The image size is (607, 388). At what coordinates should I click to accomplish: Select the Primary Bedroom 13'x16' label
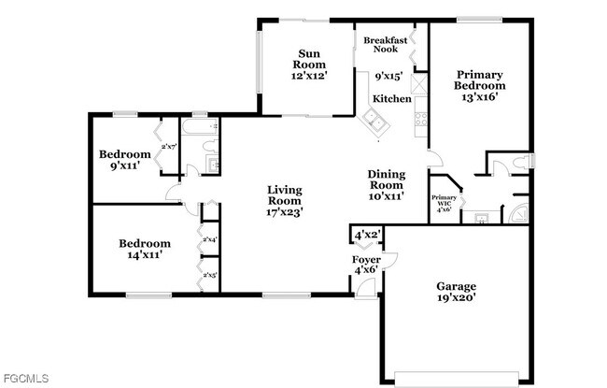[479, 86]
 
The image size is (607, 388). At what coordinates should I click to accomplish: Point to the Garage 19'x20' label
[457, 292]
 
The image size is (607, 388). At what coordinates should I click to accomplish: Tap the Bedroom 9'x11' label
[125, 160]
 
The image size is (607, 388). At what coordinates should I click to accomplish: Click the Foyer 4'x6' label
[365, 265]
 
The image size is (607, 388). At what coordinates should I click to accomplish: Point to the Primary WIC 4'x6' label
[444, 203]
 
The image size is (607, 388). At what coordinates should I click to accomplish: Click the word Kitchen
[391, 98]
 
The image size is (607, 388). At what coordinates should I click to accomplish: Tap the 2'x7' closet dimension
[170, 147]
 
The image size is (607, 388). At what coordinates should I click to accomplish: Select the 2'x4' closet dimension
[209, 240]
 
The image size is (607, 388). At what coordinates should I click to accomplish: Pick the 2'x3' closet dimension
[209, 275]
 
